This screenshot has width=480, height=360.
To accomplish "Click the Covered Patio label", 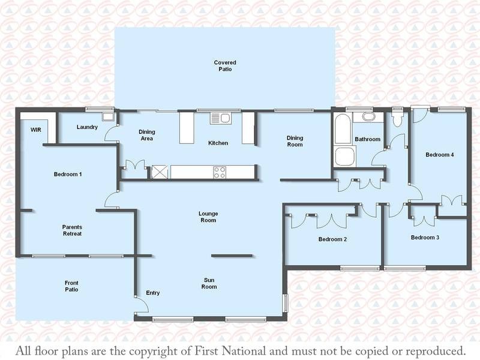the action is pyautogui.click(x=225, y=66).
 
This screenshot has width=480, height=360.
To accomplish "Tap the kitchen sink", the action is pyautogui.click(x=221, y=118).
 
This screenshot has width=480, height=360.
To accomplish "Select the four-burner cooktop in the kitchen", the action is pyautogui.click(x=220, y=172).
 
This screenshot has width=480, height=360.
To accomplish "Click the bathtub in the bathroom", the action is pyautogui.click(x=343, y=128).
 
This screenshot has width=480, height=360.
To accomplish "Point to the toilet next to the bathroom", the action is pyautogui.click(x=397, y=119).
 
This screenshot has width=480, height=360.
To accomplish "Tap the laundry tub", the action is pyautogui.click(x=108, y=116).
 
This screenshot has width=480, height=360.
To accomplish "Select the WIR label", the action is pyautogui.click(x=36, y=130).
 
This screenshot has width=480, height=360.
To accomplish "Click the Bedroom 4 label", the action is pyautogui.click(x=440, y=155).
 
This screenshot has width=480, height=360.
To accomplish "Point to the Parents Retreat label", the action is pyautogui.click(x=72, y=230).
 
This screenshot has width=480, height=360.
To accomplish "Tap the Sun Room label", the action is pyautogui.click(x=209, y=283).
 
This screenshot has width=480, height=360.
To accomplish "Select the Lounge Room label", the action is pyautogui.click(x=208, y=217).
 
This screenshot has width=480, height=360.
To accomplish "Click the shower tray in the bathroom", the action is pyautogui.click(x=345, y=156).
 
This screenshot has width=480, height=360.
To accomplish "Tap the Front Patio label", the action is pyautogui.click(x=71, y=286).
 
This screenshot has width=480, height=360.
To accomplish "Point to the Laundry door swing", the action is pyautogui.click(x=111, y=134).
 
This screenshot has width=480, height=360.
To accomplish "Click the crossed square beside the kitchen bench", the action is pyautogui.click(x=160, y=172).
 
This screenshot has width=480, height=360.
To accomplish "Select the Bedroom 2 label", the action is pyautogui.click(x=332, y=239).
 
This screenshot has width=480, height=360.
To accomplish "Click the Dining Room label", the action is pyautogui.click(x=295, y=141).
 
